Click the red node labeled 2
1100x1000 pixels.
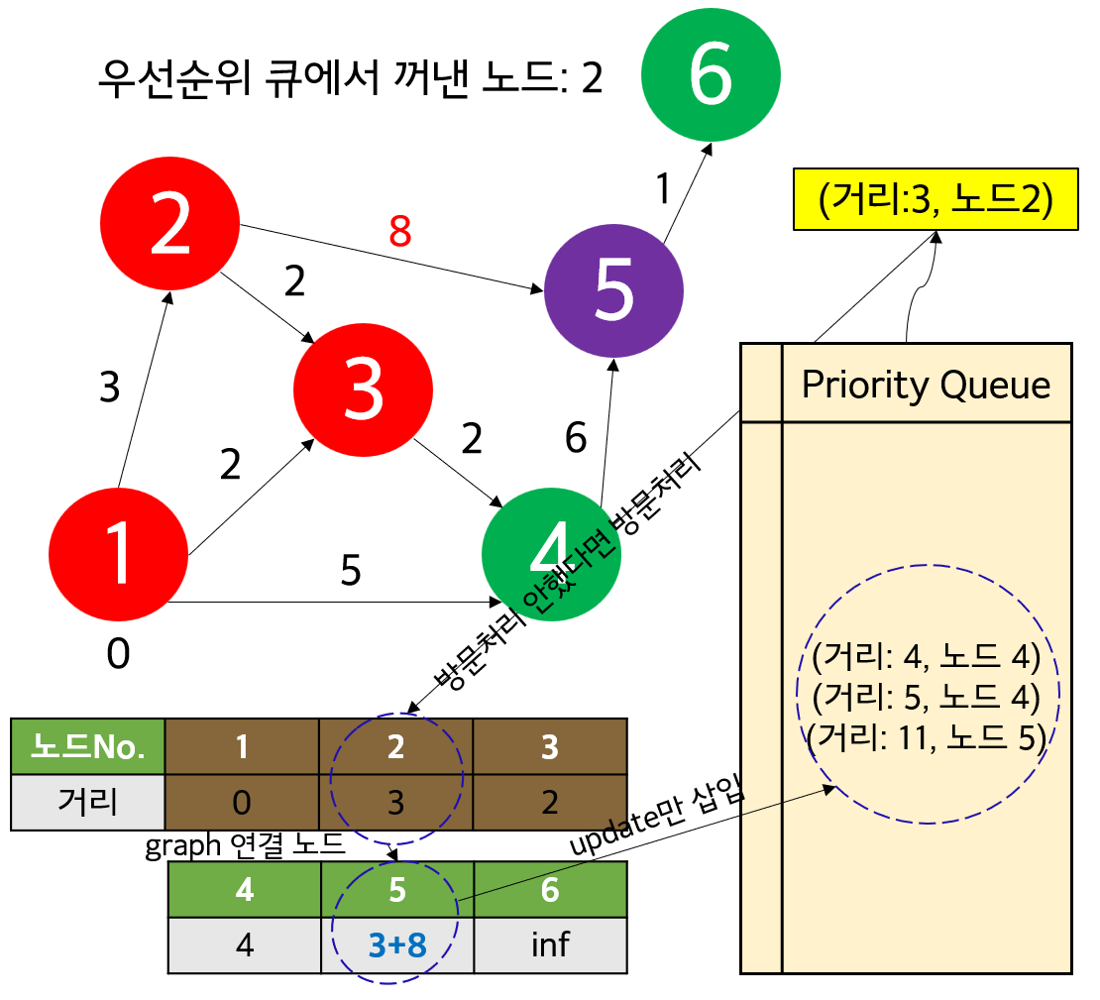tap(170, 226)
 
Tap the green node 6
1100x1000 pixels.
tap(711, 76)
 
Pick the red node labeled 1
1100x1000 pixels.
tap(118, 554)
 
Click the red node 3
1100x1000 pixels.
tap(363, 389)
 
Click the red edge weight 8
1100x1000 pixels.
tap(399, 231)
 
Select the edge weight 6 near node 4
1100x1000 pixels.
tap(576, 437)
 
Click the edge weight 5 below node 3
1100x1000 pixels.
tap(350, 571)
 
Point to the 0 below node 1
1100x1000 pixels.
tap(118, 654)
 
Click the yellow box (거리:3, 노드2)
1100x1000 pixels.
tap(935, 200)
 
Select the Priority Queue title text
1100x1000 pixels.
tap(926, 385)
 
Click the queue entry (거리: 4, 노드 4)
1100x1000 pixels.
tap(925, 657)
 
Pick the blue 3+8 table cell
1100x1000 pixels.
tap(396, 944)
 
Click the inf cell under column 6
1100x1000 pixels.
tap(550, 944)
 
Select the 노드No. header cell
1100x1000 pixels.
tap(87, 745)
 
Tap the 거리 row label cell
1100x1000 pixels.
tap(87, 801)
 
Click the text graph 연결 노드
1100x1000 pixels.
tap(245, 846)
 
